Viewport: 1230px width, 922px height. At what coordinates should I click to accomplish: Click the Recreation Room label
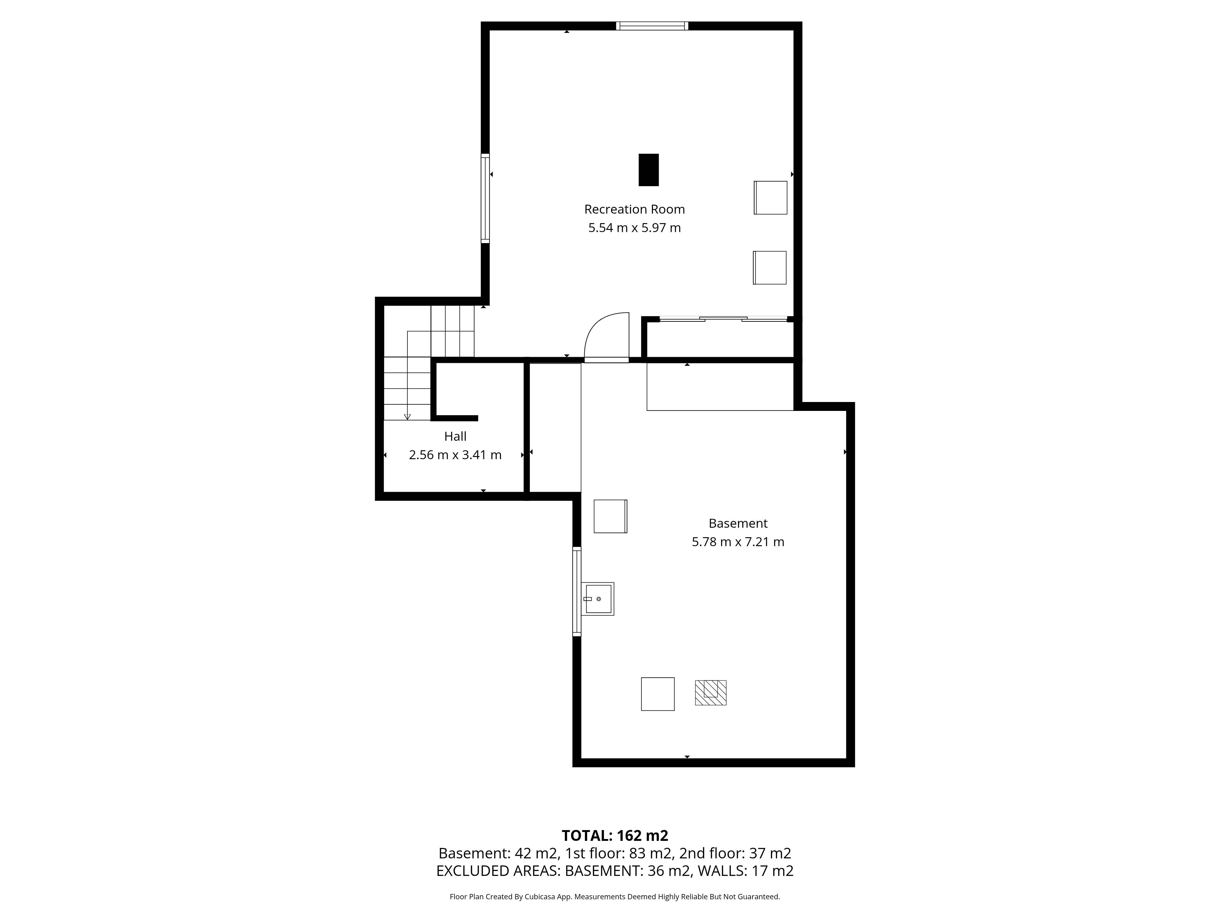point(634,210)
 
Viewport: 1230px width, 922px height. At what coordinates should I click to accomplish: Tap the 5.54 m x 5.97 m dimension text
point(634,228)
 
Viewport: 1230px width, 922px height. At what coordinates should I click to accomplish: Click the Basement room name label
point(738,523)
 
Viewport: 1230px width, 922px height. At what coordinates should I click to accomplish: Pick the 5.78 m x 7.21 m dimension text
point(738,542)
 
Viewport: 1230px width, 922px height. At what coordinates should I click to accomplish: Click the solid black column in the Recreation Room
point(648,170)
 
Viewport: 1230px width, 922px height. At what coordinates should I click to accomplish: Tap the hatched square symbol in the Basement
point(711,693)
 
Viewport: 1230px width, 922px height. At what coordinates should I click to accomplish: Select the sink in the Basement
point(598,599)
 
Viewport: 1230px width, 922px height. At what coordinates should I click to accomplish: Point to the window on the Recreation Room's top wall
point(652,26)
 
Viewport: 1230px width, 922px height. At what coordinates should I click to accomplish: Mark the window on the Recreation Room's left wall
point(486,199)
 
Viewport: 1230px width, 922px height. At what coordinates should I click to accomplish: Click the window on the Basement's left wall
point(577,591)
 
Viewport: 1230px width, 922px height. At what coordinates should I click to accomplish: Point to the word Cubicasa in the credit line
point(541,896)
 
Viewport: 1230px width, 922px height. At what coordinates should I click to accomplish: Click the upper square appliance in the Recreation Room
point(771,198)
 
